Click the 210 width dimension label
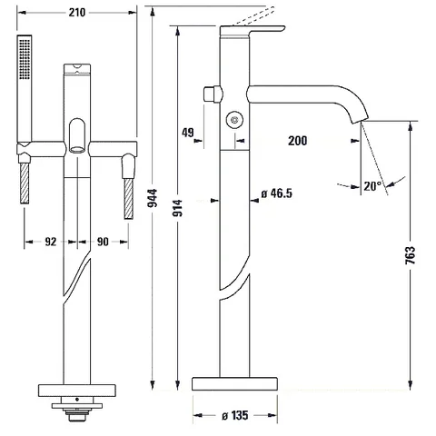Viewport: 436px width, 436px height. pos(77,13)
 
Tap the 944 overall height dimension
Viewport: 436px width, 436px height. pos(153,198)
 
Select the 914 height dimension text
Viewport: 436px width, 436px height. pos(178,208)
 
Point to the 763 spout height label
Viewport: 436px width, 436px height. pos(411,255)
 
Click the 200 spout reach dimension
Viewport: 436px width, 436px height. pos(297,141)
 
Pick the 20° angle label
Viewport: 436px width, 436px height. pos(372,186)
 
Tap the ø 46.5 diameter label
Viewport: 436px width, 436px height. pos(277,193)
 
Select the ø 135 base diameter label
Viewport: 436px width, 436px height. pos(235,415)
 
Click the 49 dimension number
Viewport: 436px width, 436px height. pos(188,133)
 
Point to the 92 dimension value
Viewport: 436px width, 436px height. pos(51,242)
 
